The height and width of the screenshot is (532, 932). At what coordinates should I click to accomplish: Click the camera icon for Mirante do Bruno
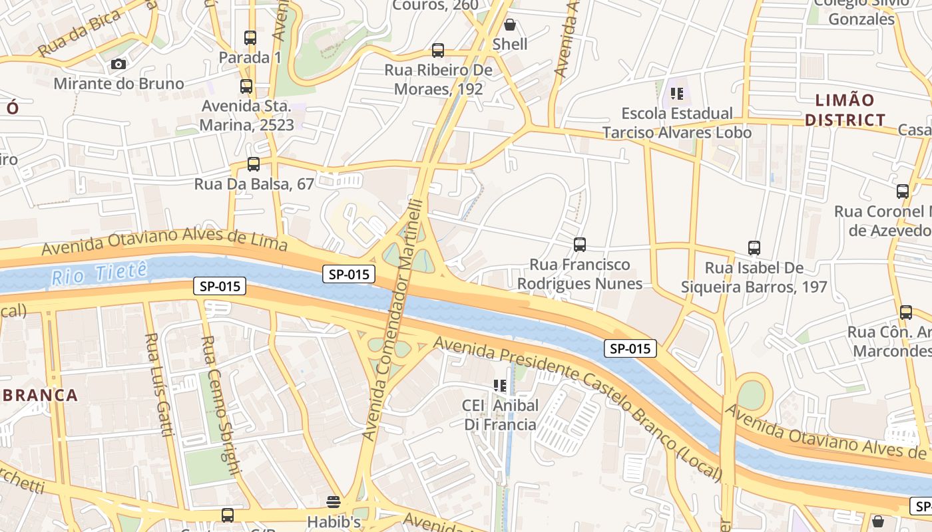[118, 64]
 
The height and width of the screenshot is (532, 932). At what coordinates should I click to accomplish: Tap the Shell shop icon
[510, 25]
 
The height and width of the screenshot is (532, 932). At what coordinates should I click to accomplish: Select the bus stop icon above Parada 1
[250, 38]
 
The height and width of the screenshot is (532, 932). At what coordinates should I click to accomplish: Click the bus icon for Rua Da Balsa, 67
[253, 164]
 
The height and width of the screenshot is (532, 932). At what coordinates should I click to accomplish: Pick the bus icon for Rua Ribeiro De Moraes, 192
[438, 51]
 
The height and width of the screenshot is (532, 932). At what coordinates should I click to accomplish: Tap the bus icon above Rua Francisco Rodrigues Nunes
[580, 245]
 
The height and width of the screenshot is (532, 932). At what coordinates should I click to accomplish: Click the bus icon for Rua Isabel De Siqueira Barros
[754, 248]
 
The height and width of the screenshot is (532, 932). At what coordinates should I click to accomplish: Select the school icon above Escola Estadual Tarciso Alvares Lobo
[677, 94]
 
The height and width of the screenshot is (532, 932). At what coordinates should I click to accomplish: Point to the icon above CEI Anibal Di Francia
[500, 386]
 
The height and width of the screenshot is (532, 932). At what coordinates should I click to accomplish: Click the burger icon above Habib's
[334, 501]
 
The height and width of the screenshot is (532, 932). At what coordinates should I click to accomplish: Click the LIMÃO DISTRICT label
[845, 110]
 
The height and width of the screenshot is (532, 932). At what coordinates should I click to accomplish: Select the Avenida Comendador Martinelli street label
[393, 319]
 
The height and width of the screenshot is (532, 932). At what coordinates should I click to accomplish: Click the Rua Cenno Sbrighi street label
[219, 406]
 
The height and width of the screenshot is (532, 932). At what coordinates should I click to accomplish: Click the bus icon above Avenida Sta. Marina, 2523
[246, 86]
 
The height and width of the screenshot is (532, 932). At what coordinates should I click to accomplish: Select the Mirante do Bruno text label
[118, 84]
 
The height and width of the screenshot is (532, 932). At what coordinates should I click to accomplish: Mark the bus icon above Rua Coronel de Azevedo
[903, 192]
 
